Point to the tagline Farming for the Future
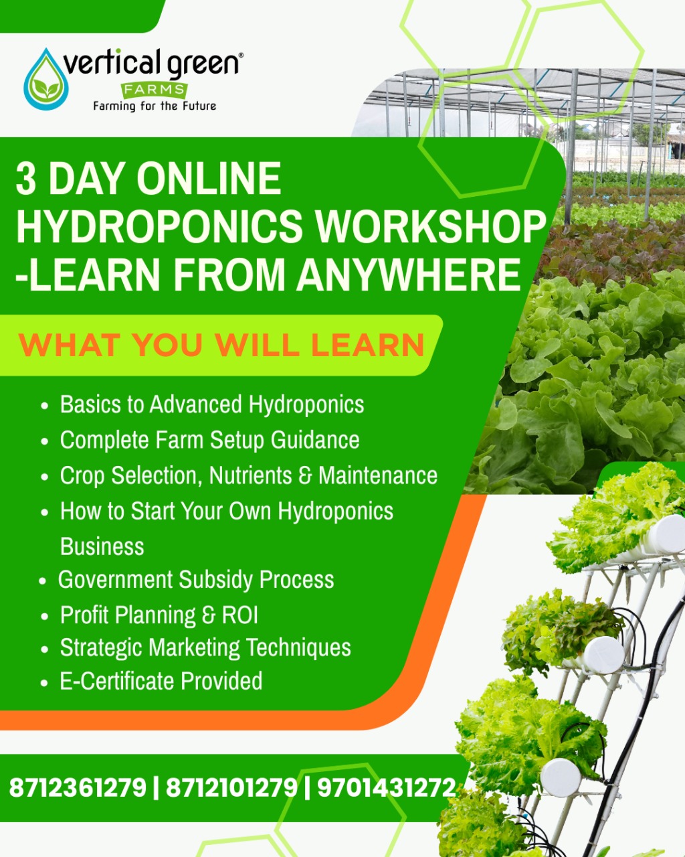(155, 106)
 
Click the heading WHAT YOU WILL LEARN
(221, 345)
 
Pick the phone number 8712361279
(78, 787)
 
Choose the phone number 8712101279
(231, 787)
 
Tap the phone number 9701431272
(386, 787)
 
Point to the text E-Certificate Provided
(161, 681)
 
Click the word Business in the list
(102, 546)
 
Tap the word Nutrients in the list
(250, 475)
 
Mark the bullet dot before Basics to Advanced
(45, 406)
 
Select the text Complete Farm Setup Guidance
(209, 440)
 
